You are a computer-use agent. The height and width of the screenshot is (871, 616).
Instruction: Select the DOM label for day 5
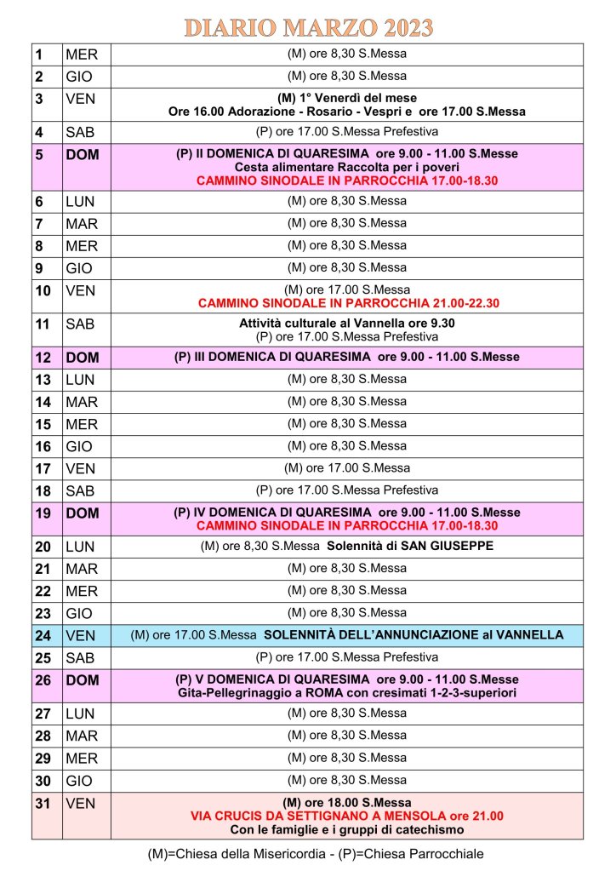coord(82,156)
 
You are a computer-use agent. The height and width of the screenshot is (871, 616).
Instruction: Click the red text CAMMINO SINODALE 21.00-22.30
coord(347,303)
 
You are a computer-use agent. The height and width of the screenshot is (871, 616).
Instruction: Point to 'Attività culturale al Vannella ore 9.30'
coord(347,324)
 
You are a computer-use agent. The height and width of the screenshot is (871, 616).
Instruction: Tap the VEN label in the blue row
coord(80,635)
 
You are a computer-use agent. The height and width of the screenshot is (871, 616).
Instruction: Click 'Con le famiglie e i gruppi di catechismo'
coord(347,828)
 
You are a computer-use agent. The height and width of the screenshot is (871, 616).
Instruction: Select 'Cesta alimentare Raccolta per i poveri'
coord(347,167)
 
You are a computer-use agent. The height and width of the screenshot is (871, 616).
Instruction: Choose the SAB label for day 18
coord(81,491)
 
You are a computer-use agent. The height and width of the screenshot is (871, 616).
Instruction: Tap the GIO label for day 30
coord(81,780)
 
